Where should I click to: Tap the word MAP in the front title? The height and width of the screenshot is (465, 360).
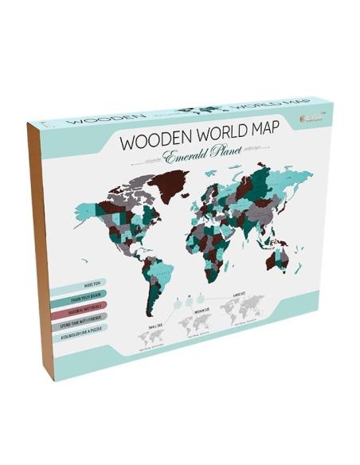tap(267, 133)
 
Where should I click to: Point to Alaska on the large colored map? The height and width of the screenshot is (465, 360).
tap(87, 200)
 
